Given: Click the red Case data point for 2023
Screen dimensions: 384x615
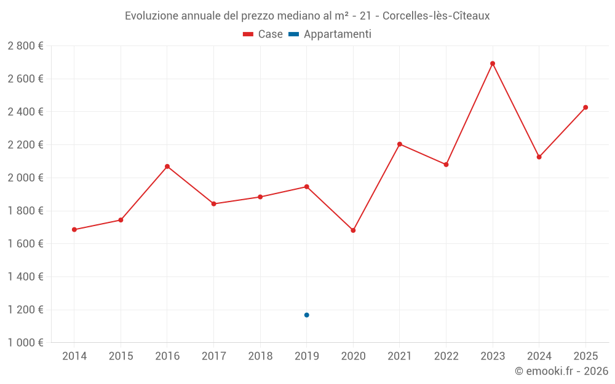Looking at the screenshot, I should (493, 63).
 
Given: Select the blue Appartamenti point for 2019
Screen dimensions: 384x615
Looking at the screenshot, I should (306, 315).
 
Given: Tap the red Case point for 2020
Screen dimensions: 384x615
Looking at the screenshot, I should (353, 230).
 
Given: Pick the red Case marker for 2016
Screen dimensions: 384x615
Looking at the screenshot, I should (167, 167).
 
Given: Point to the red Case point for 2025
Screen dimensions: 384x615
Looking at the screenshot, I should (585, 108).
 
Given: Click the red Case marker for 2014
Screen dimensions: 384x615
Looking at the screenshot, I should (74, 230).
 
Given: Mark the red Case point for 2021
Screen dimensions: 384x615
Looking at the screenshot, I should (400, 144).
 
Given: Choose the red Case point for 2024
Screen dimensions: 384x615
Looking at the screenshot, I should (539, 157).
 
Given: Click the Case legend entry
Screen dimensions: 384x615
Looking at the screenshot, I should (263, 34).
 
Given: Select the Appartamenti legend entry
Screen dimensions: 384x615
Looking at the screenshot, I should (330, 34).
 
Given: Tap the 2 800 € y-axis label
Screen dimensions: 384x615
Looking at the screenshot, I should (25, 46).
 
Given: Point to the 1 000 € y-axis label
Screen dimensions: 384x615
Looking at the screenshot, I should (25, 343).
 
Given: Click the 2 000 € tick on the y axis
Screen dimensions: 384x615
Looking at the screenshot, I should (25, 178).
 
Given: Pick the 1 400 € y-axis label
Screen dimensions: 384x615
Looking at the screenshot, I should (25, 276).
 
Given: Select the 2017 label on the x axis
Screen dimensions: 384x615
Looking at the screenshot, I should (213, 356).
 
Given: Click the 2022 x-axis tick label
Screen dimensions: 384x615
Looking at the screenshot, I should (446, 356).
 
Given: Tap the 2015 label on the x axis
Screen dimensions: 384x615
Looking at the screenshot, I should (121, 356).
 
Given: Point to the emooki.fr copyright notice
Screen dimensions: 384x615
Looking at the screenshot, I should (561, 371).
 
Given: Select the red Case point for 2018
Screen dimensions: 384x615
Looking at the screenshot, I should (260, 197).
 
